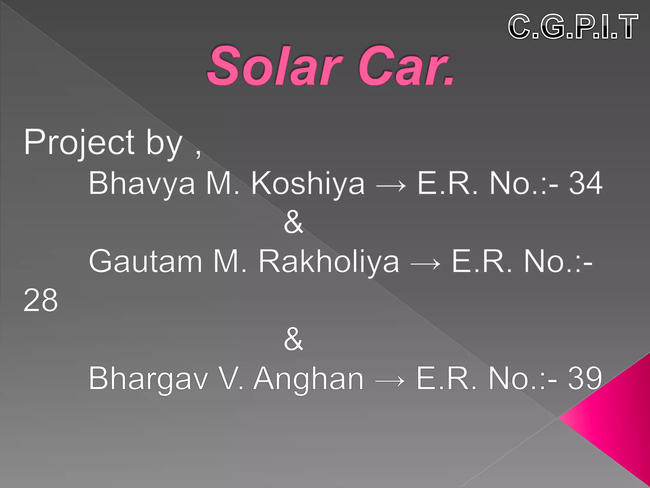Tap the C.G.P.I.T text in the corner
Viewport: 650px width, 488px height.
(573, 27)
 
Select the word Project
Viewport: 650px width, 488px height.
(79, 143)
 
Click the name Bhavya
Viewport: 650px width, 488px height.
(142, 184)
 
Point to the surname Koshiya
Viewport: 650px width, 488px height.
(308, 184)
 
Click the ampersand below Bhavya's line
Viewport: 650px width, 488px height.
(293, 222)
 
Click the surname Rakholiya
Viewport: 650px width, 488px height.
(328, 261)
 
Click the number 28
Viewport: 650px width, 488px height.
(41, 300)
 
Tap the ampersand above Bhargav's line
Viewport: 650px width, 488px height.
(293, 339)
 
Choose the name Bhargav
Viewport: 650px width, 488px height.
(148, 379)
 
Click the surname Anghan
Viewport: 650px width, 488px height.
(308, 379)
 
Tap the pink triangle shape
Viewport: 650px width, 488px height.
(619, 419)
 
